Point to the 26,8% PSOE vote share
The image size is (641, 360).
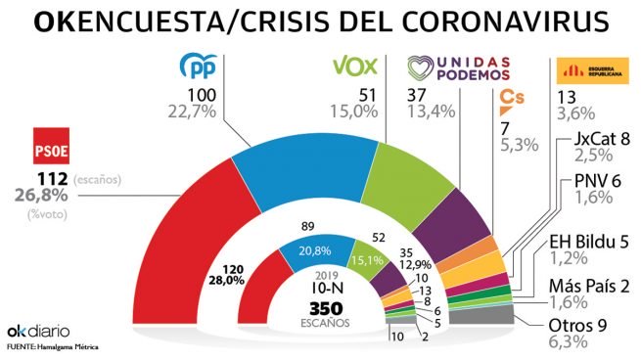[34, 200]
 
